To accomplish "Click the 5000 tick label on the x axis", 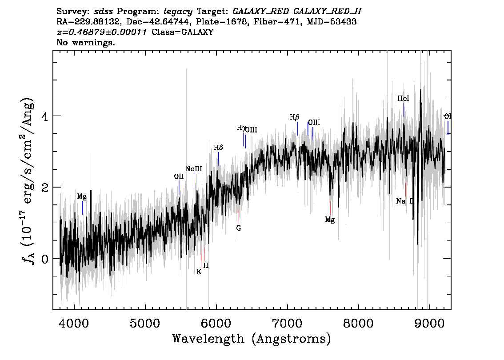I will (145, 322).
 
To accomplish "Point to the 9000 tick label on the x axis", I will (429, 322).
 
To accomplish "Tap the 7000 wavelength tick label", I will (287, 322).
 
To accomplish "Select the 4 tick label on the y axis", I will (44, 116).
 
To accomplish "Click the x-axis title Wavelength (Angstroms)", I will (252, 339).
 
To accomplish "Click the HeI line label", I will (403, 99).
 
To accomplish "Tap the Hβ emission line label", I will (294, 117).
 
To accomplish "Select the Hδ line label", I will (218, 148).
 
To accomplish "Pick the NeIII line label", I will (194, 169).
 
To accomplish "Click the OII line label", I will (179, 176).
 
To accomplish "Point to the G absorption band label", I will (239, 228).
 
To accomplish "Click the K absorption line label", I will (199, 272).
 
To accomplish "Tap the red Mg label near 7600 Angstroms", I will (329, 219).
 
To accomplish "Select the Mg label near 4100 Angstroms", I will (82, 196).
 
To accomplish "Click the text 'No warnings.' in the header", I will (86, 43).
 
